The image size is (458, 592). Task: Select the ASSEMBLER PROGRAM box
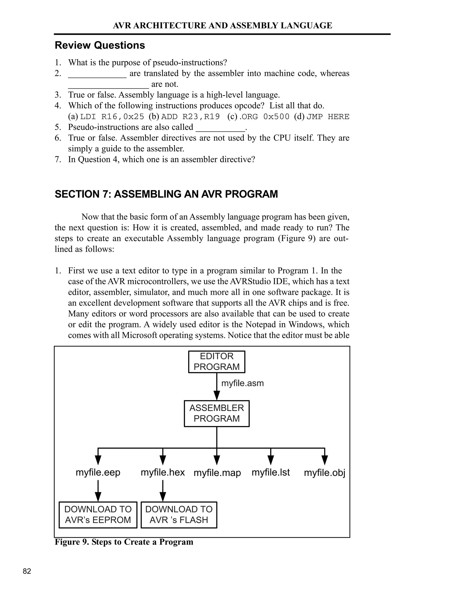[x=216, y=413]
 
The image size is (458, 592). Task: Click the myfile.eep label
[x=98, y=472]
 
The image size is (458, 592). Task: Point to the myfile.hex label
[x=163, y=472]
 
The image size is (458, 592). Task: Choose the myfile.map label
[x=217, y=473]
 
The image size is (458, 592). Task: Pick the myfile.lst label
[x=271, y=472]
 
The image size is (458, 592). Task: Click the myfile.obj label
[x=324, y=473]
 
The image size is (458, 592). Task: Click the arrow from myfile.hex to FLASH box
[x=163, y=491]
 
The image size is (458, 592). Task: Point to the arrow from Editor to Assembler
[x=216, y=386]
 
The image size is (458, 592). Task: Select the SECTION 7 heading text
[x=166, y=194]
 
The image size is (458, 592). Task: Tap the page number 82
[x=27, y=571]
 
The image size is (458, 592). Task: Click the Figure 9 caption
[x=124, y=542]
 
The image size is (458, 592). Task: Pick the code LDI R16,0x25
[x=112, y=117]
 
